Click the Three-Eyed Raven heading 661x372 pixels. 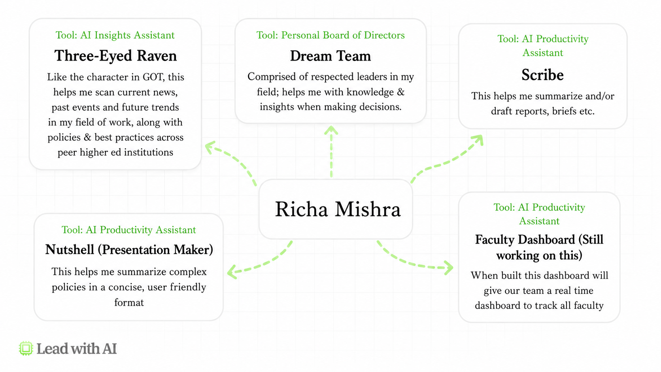coord(115,56)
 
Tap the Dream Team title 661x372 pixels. coord(330,56)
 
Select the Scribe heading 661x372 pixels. coord(542,75)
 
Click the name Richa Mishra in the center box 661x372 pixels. coord(338,209)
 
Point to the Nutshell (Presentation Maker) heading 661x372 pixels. coord(129,249)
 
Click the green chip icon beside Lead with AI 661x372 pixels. coord(26,348)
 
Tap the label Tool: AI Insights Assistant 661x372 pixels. coord(115,35)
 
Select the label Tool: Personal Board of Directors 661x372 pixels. coord(330,35)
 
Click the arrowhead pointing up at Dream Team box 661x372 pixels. coord(331,130)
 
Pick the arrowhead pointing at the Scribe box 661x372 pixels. coord(478,140)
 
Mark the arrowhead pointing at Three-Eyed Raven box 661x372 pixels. coord(210,147)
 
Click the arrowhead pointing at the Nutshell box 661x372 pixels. coord(232,272)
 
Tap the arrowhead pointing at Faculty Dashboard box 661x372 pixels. coord(449,268)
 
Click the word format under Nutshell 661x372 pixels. coord(129,302)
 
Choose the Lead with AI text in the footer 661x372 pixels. coord(76,349)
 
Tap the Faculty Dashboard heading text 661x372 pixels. coord(539,247)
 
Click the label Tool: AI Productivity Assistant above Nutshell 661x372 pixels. coord(128,230)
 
